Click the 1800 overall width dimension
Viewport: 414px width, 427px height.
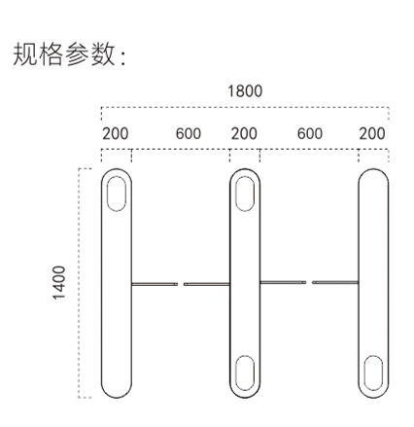click(245, 91)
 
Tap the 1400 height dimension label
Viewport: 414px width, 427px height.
click(59, 283)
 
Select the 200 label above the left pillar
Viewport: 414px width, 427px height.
click(116, 133)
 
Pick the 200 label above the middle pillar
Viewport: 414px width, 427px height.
click(244, 133)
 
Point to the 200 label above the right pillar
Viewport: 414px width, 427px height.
click(372, 133)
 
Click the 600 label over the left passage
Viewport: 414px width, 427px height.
click(189, 133)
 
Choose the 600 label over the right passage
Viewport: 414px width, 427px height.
click(310, 133)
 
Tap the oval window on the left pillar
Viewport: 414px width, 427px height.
click(117, 194)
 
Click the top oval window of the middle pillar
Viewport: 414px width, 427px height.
click(245, 194)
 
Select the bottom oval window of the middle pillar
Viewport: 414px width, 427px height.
click(245, 373)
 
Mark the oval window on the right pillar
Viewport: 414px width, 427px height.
click(373, 373)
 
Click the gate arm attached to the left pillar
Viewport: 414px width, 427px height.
click(155, 284)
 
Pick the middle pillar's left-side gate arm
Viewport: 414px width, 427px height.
click(207, 284)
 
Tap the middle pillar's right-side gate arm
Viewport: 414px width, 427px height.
click(283, 282)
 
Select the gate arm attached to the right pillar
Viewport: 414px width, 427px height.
click(335, 282)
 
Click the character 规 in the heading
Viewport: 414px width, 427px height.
click(25, 54)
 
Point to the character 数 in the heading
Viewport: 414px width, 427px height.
click(103, 54)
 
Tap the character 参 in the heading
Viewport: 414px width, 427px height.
click(77, 54)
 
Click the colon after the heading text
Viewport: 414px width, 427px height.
click(122, 57)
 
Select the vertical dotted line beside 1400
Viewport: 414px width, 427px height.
click(79, 283)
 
